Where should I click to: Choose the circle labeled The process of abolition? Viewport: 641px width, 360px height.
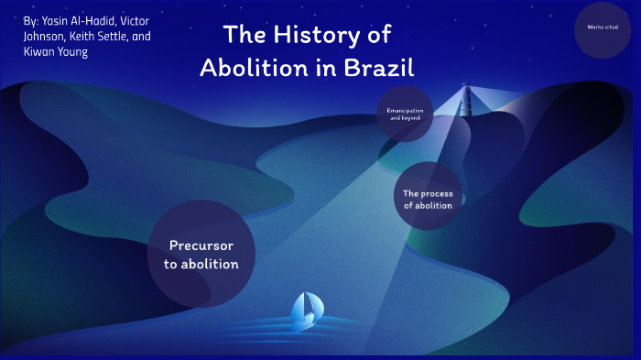428,199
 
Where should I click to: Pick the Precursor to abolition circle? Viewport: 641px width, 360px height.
201,254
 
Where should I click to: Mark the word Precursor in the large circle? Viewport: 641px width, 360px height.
201,245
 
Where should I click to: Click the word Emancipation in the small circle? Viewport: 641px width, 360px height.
403,110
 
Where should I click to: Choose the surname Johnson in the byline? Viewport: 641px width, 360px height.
45,37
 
